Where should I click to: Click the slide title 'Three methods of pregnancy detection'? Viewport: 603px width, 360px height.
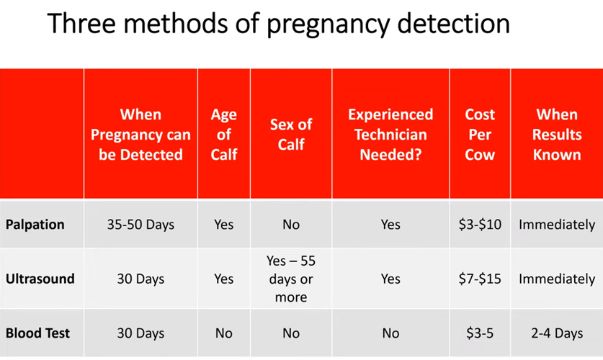tap(278, 24)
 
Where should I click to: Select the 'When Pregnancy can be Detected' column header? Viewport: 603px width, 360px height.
tap(140, 135)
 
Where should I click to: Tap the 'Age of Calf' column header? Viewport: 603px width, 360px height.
tap(224, 135)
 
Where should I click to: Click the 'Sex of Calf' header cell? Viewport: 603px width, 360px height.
tap(291, 135)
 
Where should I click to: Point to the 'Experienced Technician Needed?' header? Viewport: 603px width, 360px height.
tap(390, 135)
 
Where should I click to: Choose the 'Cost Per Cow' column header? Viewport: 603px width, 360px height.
tap(480, 135)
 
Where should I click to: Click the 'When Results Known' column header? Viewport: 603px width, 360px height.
tap(557, 135)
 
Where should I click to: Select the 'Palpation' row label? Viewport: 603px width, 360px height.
tap(35, 225)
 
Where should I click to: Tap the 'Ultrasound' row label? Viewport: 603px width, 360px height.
tap(40, 279)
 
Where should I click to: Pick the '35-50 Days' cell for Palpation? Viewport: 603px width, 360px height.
tap(140, 225)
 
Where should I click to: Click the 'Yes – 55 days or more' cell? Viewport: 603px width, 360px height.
tap(291, 279)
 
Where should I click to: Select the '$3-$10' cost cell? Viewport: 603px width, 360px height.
tap(480, 225)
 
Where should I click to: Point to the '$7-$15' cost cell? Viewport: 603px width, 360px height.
tap(480, 279)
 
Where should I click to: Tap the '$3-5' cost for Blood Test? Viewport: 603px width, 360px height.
tap(480, 333)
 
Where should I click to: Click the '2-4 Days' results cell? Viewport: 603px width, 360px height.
tap(557, 333)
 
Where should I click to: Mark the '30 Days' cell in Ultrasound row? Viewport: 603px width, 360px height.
tap(140, 279)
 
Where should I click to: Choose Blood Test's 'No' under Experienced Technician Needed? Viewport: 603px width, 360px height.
tap(390, 333)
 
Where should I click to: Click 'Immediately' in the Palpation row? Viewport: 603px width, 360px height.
tap(557, 225)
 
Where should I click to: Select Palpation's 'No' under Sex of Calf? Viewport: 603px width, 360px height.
tap(291, 225)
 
